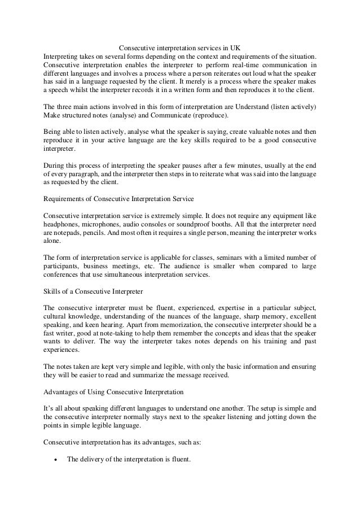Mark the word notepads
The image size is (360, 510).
pyautogui.click(x=71, y=233)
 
